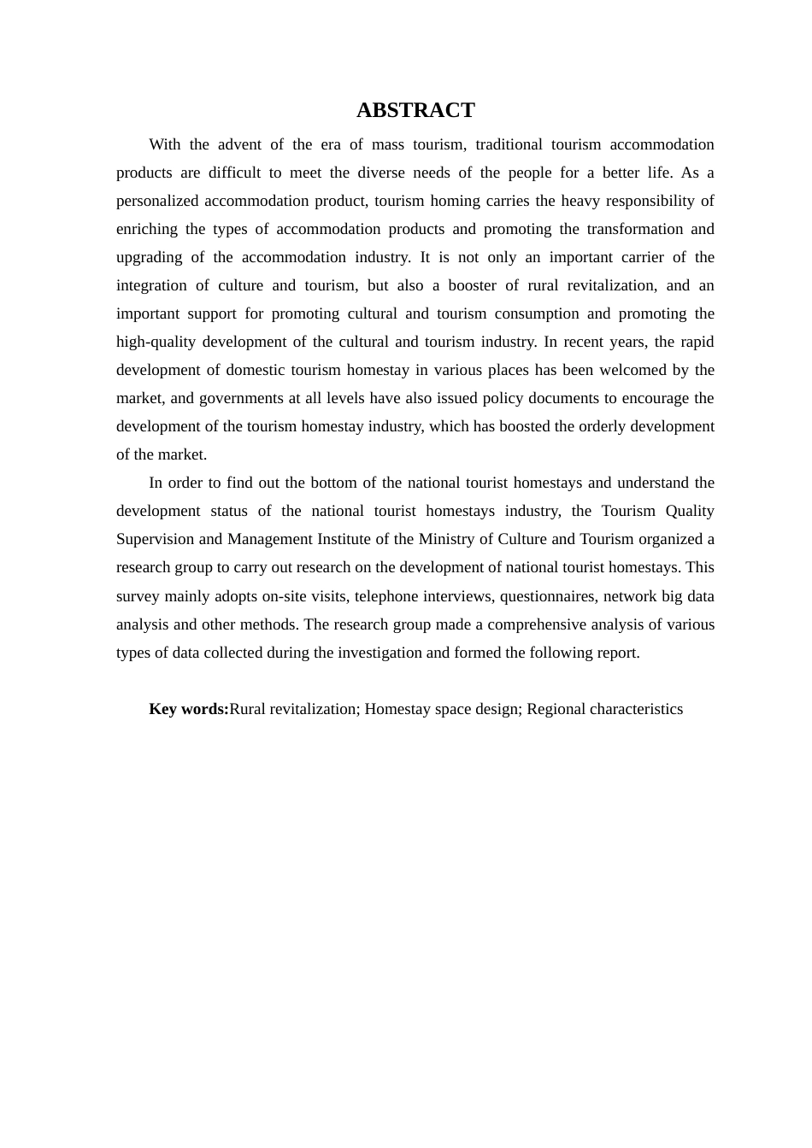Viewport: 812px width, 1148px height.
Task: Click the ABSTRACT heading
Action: [415, 110]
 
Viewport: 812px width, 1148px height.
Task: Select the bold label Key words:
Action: [189, 709]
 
